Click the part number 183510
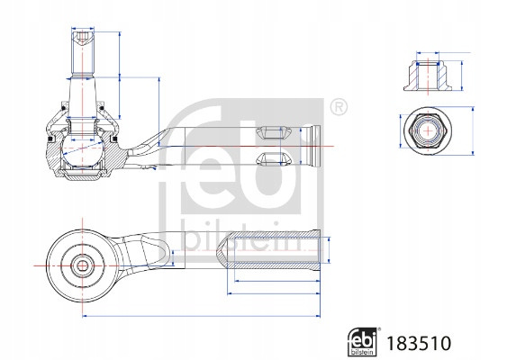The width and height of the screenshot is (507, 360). point(419,343)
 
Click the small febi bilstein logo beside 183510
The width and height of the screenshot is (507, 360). point(363,342)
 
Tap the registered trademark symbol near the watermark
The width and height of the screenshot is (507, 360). point(339,107)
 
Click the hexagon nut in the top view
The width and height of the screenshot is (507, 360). point(428,130)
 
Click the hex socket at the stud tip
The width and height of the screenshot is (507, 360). point(83,38)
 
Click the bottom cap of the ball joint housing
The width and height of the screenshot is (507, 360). point(83,176)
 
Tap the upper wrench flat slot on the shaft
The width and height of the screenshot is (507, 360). point(273,133)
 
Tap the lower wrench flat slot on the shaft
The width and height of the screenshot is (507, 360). point(273,158)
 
